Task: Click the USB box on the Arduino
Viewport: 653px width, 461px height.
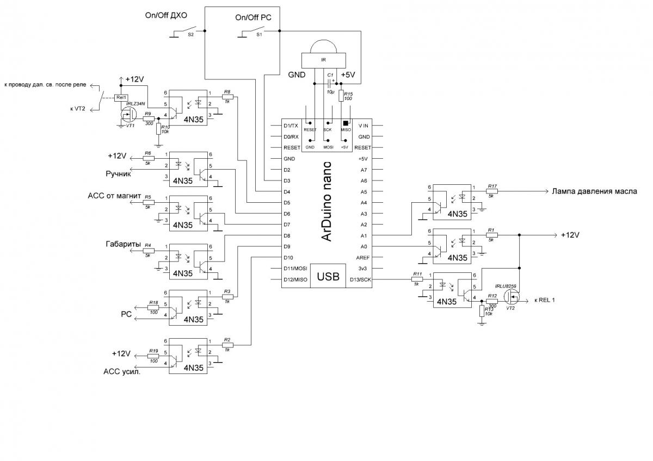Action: (x=328, y=277)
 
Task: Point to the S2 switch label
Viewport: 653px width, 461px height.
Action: (x=190, y=34)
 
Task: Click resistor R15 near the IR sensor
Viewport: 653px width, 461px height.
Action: (x=341, y=96)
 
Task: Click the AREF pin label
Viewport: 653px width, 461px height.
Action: (x=363, y=258)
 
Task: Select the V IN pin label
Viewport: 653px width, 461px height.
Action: (x=363, y=126)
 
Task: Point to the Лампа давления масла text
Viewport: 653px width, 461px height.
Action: (x=594, y=191)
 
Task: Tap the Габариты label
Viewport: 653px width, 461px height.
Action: (x=123, y=245)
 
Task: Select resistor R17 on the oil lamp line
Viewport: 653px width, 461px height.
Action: (x=492, y=191)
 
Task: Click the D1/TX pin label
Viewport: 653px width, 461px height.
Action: (x=291, y=126)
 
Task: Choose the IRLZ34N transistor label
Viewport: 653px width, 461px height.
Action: (x=135, y=103)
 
